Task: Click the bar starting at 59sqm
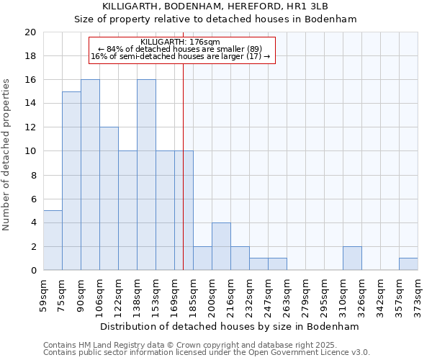(53, 240)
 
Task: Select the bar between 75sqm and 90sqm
(71, 181)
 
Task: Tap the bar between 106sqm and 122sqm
(109, 199)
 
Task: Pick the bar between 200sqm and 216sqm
(221, 246)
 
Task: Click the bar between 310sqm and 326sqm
(352, 258)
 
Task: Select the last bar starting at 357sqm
(408, 264)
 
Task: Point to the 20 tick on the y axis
(30, 32)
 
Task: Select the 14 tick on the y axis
(30, 104)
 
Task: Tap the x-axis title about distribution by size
(230, 326)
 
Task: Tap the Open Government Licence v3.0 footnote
(207, 353)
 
